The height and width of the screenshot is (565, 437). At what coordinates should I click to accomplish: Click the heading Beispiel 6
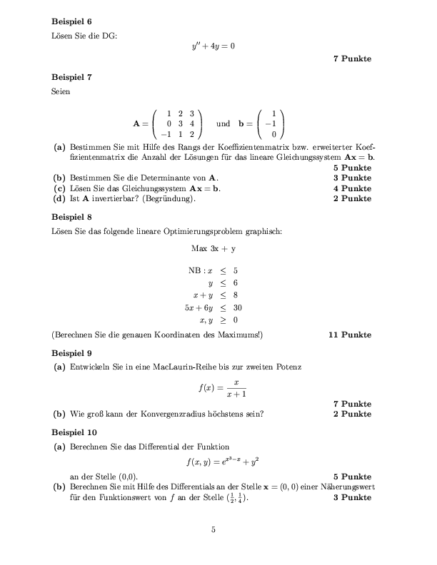71,21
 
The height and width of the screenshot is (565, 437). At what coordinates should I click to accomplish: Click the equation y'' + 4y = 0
213,47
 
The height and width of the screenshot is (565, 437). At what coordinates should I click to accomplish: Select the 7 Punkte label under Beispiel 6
352,58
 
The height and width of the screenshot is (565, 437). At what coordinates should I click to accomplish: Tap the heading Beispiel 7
71,76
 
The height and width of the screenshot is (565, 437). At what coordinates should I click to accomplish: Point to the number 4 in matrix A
192,123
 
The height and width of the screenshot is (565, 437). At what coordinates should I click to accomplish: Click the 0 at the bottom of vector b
273,133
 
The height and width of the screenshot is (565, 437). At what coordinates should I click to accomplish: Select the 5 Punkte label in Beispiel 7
352,168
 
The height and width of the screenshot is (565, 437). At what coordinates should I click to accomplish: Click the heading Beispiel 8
71,216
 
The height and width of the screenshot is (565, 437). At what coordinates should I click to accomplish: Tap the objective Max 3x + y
214,249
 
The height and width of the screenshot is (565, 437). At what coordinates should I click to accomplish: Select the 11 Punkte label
350,334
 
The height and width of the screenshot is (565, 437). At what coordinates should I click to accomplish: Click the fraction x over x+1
225,389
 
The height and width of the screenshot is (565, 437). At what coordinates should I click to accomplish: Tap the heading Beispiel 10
74,432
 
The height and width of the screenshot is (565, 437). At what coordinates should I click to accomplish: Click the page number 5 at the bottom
213,529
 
